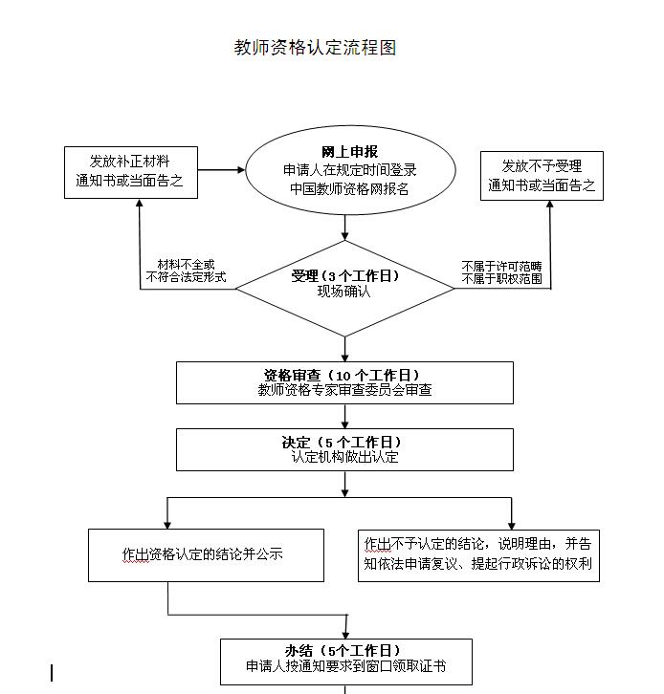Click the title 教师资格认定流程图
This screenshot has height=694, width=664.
tap(315, 47)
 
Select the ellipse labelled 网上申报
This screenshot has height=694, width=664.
tap(348, 170)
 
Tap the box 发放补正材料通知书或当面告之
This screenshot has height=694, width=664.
tap(130, 171)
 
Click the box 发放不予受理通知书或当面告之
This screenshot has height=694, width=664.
tap(541, 176)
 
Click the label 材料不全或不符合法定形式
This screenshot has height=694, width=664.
tap(186, 271)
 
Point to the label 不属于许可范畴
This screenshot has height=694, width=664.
tap(501, 265)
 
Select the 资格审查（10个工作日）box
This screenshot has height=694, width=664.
tap(344, 382)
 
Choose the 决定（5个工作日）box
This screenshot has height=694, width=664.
tap(344, 449)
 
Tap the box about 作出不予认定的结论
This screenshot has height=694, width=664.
tap(478, 554)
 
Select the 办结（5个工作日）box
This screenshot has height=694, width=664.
tap(346, 661)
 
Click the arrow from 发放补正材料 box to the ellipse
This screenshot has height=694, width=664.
tap(222, 171)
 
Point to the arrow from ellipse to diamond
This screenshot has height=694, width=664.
tap(345, 228)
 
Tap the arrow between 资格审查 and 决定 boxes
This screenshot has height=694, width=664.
tap(345, 416)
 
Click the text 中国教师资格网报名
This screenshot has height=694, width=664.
tap(349, 188)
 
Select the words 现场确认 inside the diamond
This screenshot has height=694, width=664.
tap(344, 293)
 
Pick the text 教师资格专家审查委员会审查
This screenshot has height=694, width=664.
tap(344, 390)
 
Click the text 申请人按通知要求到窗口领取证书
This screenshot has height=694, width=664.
tap(346, 667)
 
